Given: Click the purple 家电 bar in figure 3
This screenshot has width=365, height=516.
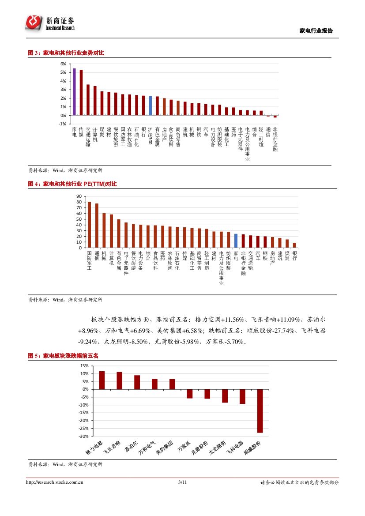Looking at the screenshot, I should point(74,92).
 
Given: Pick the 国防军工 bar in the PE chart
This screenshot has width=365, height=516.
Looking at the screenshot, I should point(90,225).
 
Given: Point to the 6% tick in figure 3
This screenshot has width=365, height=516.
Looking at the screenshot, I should point(64,64).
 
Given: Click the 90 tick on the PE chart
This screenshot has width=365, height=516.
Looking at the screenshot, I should point(79,196).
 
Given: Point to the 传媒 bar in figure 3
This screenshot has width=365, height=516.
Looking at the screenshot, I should point(81,92).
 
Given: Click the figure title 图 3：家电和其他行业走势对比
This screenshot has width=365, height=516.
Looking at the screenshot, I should point(66,53).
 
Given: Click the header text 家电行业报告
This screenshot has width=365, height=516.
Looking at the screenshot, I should point(316,31).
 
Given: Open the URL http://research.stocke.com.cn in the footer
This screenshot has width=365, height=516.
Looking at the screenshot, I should point(55,482).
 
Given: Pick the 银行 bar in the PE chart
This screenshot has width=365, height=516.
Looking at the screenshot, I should point(294,245).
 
